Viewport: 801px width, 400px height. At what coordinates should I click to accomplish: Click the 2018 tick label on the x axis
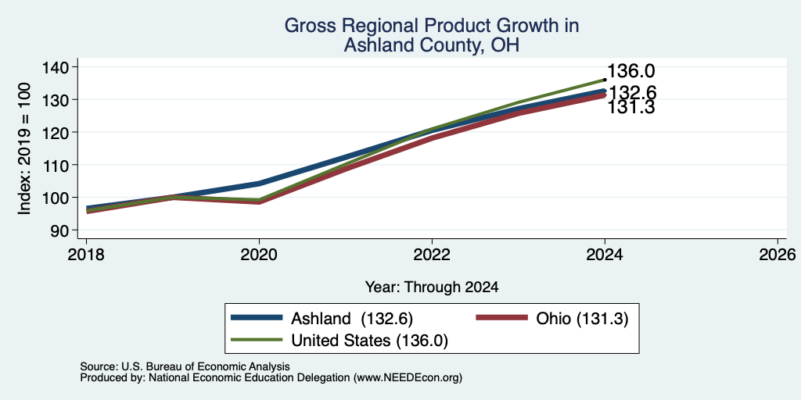coord(86,255)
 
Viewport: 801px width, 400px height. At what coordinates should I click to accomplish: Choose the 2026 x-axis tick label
coord(778,255)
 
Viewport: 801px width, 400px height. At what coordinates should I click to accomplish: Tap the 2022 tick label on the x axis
coord(432,255)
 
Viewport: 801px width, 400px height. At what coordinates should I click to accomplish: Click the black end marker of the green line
coord(605,80)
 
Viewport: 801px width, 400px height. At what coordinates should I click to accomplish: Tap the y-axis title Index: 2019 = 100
coord(25,148)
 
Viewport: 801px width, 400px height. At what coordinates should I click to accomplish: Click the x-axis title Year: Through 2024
coord(432,287)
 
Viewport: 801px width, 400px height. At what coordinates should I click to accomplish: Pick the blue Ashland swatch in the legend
coord(257,317)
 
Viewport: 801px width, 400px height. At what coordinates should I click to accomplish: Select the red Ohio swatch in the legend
coord(501,317)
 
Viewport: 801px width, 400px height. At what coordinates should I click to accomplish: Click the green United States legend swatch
coord(257,339)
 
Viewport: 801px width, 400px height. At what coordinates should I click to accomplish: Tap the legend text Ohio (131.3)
coord(582,319)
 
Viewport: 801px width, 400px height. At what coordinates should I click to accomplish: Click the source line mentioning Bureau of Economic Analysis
coord(185,366)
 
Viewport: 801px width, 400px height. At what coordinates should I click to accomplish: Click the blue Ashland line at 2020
coord(259,183)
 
